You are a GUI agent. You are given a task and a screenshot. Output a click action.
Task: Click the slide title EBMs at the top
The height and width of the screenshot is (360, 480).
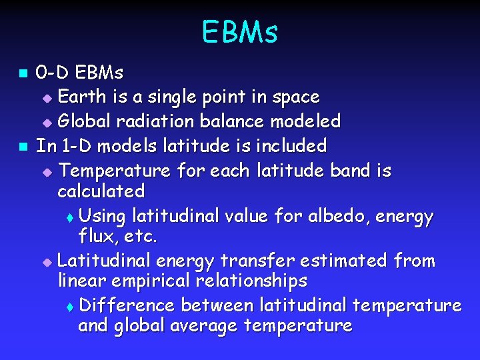click(x=239, y=32)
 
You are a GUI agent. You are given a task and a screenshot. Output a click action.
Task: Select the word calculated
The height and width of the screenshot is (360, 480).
click(x=101, y=191)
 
